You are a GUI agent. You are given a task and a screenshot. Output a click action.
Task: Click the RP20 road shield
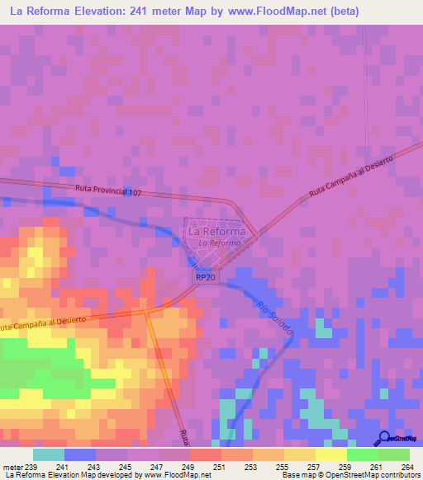(207, 279)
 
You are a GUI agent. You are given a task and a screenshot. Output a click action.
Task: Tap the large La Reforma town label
(216, 232)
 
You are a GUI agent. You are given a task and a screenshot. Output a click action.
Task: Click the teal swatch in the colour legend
(49, 454)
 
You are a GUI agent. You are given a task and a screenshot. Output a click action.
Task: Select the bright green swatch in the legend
(363, 454)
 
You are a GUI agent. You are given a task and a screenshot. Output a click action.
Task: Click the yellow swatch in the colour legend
(331, 454)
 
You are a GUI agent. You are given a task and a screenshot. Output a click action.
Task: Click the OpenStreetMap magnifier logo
(386, 438)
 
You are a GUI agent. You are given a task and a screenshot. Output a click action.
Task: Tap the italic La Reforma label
(219, 243)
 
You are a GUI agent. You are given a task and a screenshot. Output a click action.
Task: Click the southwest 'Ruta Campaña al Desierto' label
(50, 327)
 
